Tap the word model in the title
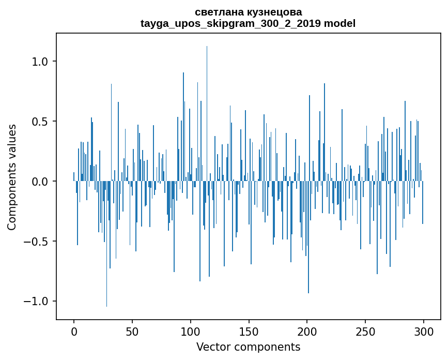pyautogui.click(x=339, y=23)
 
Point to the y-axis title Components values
pyautogui.click(x=12, y=177)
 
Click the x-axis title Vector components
pyautogui.click(x=248, y=347)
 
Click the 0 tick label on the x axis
pyautogui.click(x=74, y=331)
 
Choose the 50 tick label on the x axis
pyautogui.click(x=132, y=331)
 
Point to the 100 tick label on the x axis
pyautogui.click(x=191, y=331)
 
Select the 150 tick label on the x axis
pyautogui.click(x=249, y=331)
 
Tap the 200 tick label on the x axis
pyautogui.click(x=307, y=331)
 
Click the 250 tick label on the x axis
pyautogui.click(x=366, y=331)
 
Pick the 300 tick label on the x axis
pyautogui.click(x=424, y=331)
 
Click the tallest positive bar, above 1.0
pyautogui.click(x=207, y=103)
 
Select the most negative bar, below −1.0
pyautogui.click(x=107, y=248)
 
